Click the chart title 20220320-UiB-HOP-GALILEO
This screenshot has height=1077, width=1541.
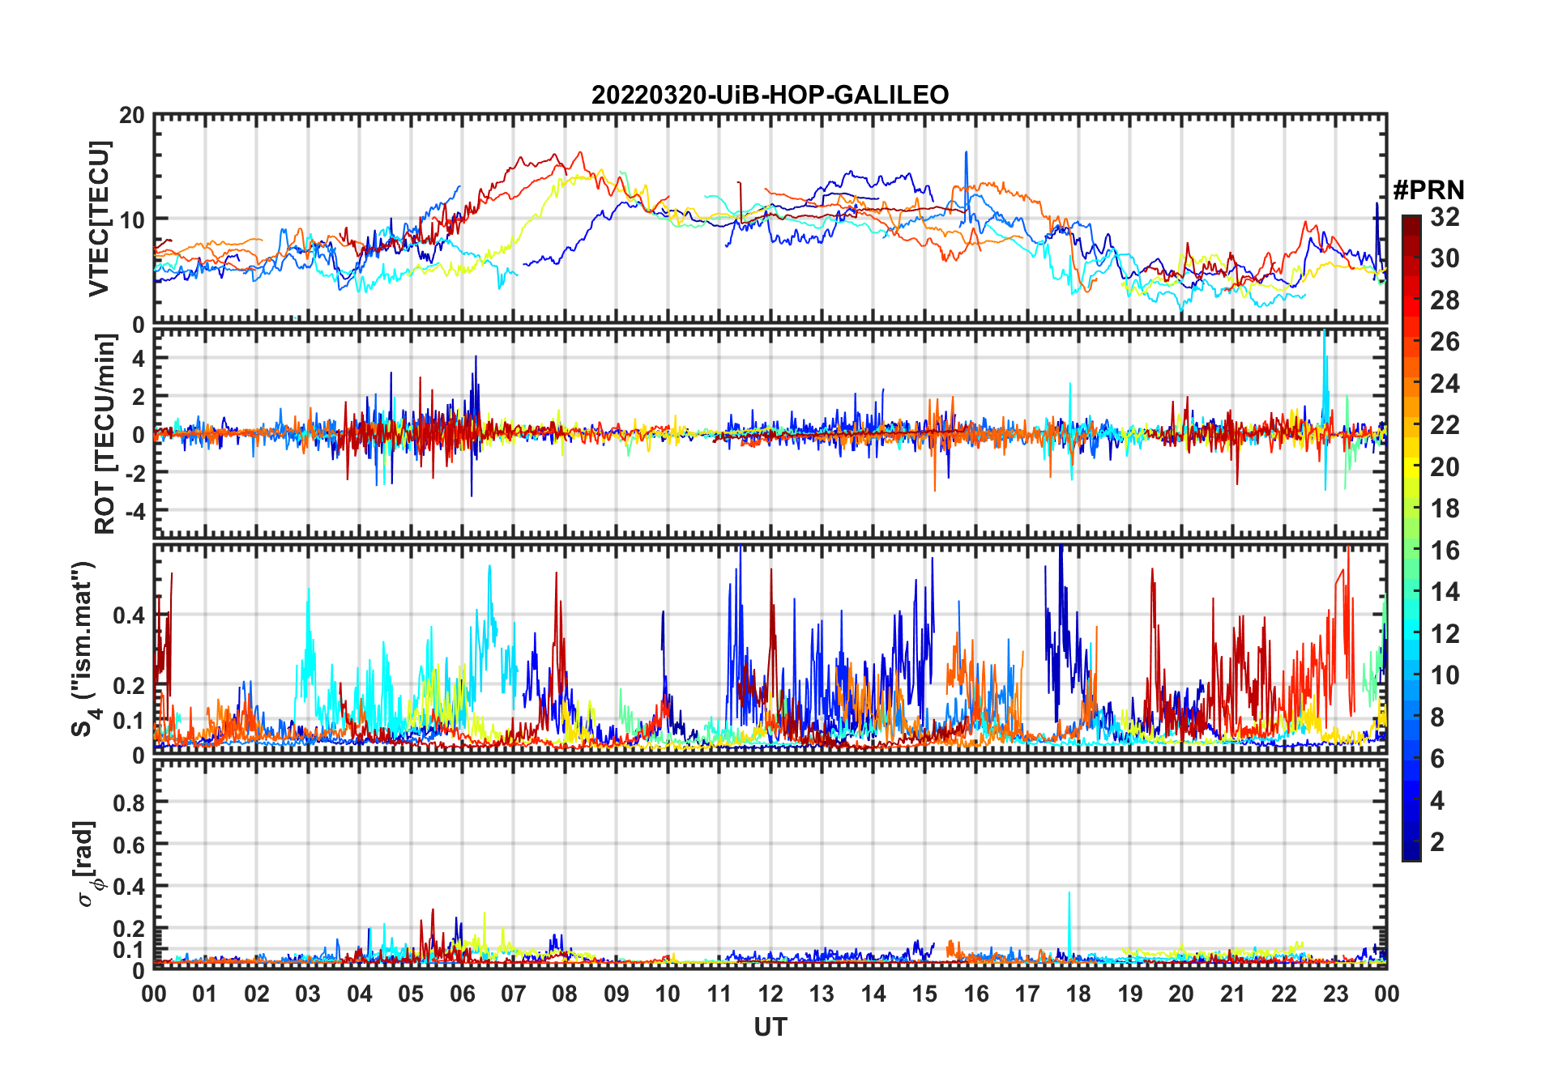770,96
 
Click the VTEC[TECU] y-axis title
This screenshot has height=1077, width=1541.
99,219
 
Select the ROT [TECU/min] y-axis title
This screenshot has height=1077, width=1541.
105,434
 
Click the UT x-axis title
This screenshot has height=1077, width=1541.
770,1028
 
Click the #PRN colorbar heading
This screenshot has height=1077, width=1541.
1428,190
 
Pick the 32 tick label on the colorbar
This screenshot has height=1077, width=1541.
1445,217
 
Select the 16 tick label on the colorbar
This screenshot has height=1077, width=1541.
1445,551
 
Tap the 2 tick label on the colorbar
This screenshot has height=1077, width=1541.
1437,842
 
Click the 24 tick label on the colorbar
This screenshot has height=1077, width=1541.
1445,384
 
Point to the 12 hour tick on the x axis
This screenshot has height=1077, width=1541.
770,994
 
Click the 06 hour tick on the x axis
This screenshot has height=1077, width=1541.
462,994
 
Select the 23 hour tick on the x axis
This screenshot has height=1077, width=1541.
1335,994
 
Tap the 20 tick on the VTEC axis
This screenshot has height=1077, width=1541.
132,116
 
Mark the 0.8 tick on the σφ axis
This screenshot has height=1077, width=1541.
130,803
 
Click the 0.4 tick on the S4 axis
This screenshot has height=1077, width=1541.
130,616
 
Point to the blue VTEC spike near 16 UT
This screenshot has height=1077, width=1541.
966,154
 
